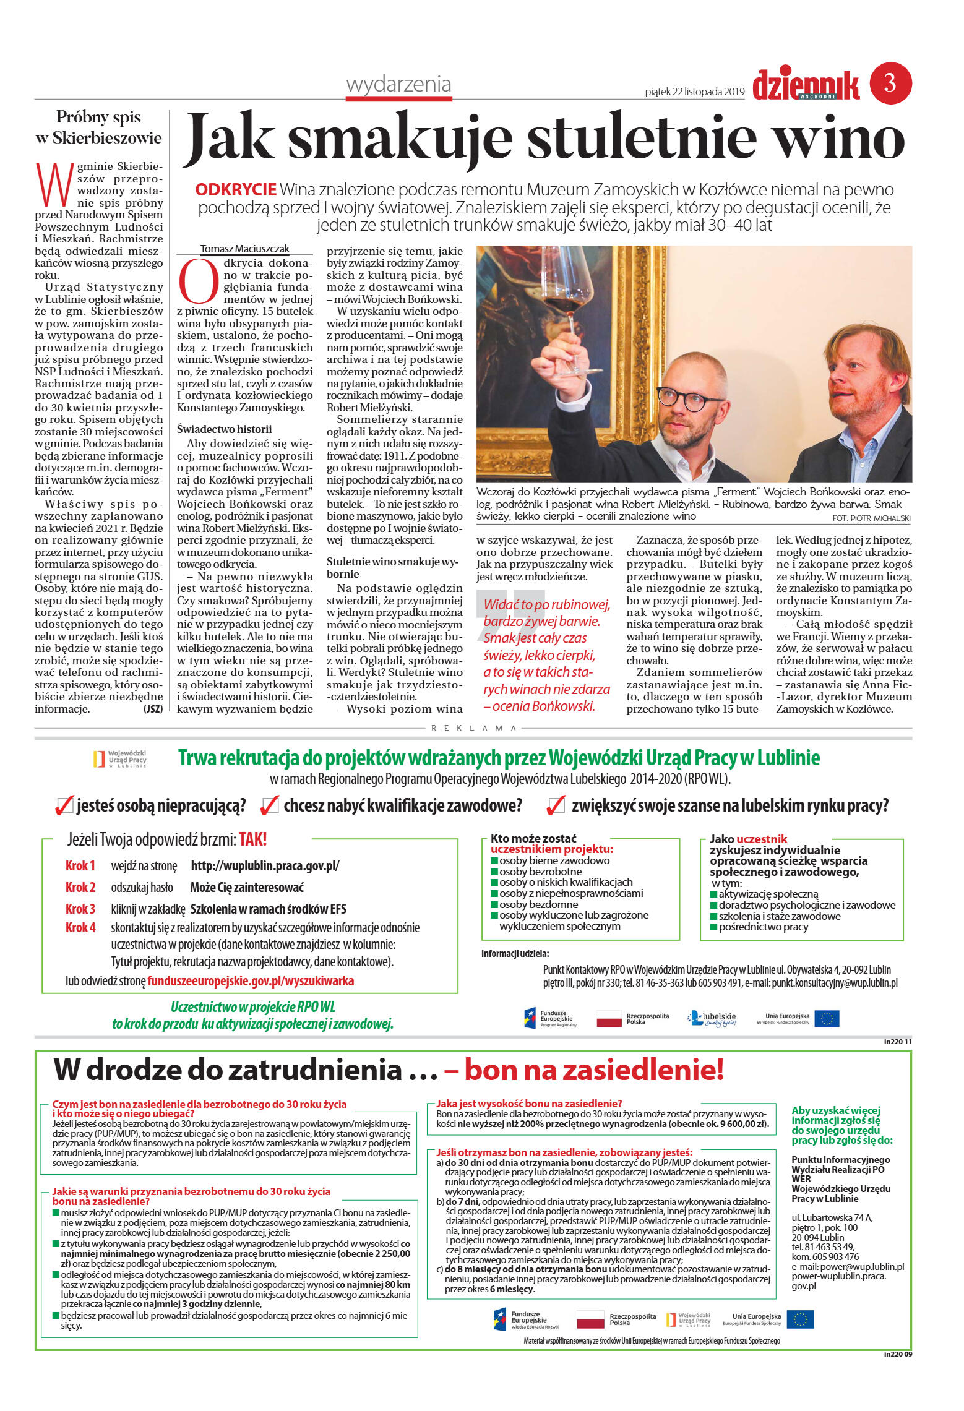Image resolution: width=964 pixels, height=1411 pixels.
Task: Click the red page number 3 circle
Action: click(x=890, y=83)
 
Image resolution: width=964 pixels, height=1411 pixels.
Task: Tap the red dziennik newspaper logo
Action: click(x=806, y=86)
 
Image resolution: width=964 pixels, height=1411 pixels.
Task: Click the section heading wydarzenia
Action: click(x=398, y=85)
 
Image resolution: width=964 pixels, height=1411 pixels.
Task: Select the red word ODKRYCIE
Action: click(x=236, y=190)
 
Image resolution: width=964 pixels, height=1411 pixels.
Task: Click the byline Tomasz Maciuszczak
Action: click(x=244, y=249)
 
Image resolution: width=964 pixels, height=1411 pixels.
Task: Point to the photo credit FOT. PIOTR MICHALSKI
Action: click(x=871, y=518)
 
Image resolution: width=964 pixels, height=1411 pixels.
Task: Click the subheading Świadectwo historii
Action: click(x=224, y=429)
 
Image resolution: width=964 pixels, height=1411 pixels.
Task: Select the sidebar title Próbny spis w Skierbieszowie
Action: click(x=99, y=127)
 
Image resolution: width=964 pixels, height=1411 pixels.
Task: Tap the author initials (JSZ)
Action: click(x=152, y=709)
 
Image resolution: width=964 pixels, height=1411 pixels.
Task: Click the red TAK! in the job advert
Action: click(x=252, y=839)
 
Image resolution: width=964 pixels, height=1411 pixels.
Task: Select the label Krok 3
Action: click(x=80, y=909)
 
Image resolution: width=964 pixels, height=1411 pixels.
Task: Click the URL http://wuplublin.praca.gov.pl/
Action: click(x=265, y=865)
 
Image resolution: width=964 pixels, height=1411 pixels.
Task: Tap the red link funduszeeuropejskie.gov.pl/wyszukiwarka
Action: click(x=251, y=980)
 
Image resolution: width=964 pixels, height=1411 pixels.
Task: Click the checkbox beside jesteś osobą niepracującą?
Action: click(x=64, y=805)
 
